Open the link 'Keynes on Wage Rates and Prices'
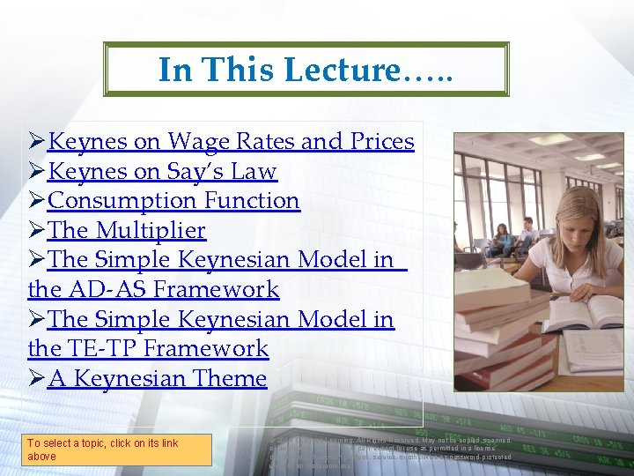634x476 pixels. [231, 141]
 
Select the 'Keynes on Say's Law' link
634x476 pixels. [162, 171]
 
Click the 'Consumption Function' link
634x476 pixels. [173, 201]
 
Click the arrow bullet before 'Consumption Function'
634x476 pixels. [37, 201]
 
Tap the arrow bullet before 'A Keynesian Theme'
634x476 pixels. [37, 379]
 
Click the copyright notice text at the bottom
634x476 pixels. [392, 449]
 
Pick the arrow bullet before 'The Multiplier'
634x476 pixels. [37, 231]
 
